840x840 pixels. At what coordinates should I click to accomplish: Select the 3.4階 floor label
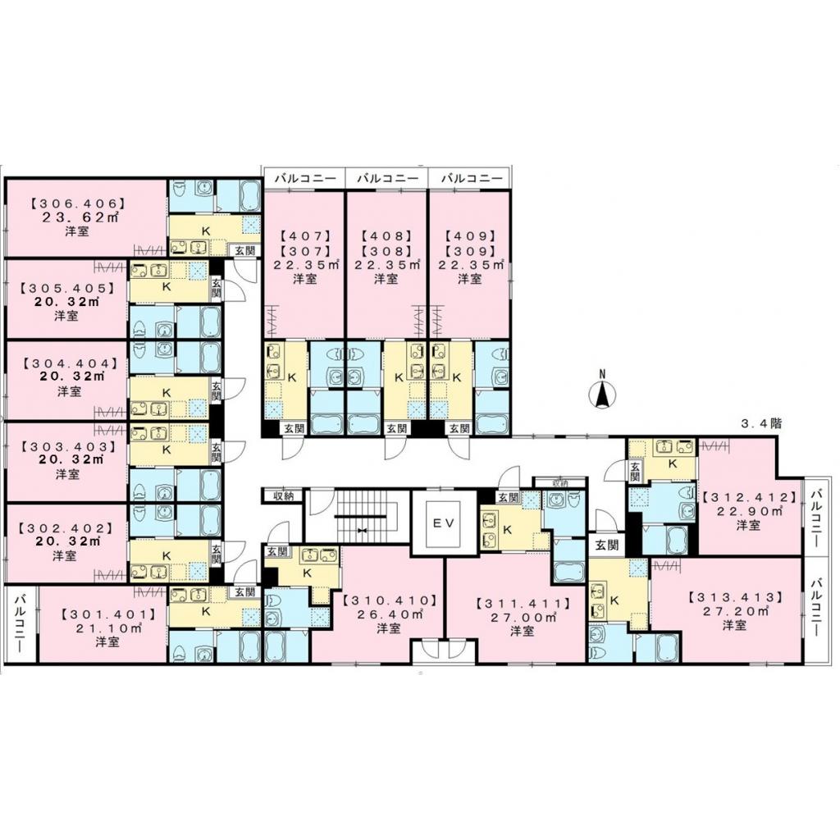tap(761, 425)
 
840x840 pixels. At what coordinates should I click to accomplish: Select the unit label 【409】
tap(468, 235)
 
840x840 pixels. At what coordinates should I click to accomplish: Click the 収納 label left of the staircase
tap(283, 495)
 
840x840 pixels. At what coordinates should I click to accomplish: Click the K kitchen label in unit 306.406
tap(206, 231)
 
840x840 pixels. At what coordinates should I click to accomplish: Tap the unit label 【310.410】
tap(389, 600)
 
